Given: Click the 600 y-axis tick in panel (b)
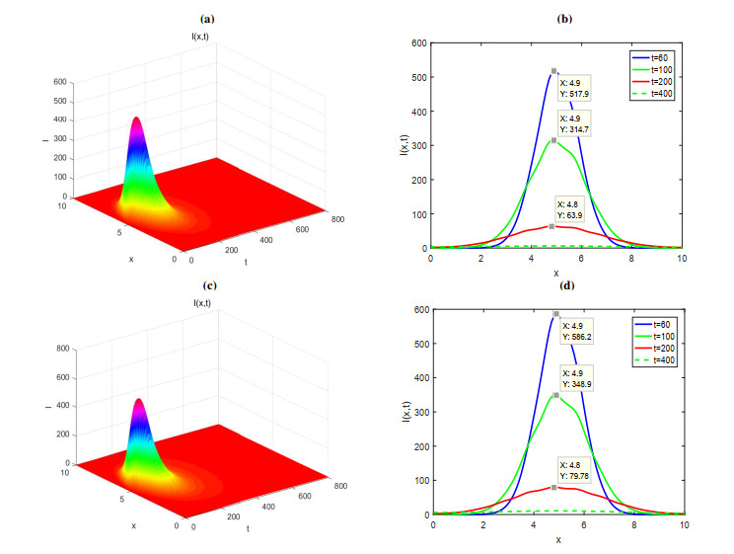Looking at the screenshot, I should click(x=418, y=43).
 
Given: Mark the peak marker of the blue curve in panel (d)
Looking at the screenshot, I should click(x=556, y=314).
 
